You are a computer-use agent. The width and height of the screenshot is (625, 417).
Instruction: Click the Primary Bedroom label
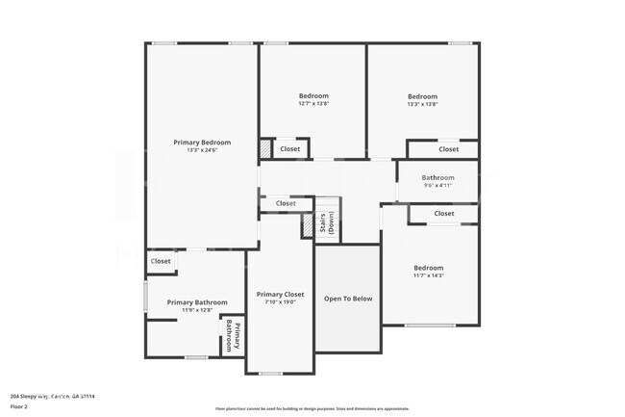pos(202,143)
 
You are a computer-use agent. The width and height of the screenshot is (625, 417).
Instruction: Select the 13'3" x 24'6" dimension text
pos(202,150)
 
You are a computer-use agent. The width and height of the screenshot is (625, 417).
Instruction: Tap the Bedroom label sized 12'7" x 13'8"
pos(313,96)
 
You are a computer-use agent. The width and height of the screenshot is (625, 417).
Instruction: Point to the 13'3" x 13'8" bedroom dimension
pos(422,104)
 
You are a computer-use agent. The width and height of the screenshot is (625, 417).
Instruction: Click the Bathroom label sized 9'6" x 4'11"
pos(437,177)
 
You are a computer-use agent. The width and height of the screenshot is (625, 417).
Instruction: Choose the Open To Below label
pos(348,299)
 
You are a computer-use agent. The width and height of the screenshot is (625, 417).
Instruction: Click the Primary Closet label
pos(281,294)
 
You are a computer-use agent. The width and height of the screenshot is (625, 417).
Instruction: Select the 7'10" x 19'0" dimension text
pos(281,302)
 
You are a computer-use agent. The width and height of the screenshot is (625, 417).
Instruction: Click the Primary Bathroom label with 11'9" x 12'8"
pos(189,302)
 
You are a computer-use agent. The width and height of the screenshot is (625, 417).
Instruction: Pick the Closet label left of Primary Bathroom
pos(161,261)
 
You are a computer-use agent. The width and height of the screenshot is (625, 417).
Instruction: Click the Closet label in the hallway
pos(286,203)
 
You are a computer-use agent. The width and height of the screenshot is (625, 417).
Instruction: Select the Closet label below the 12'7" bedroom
pos(289,149)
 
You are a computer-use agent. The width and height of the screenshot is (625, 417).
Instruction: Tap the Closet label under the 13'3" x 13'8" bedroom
pos(449,149)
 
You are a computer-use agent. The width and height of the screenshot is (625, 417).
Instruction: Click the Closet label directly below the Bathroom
pos(444,214)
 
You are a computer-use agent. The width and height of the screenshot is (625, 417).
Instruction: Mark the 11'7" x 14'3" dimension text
pos(429,276)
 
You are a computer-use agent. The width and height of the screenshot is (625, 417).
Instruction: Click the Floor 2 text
pos(20,406)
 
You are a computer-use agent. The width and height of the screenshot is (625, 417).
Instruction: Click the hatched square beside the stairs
pos(309,224)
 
